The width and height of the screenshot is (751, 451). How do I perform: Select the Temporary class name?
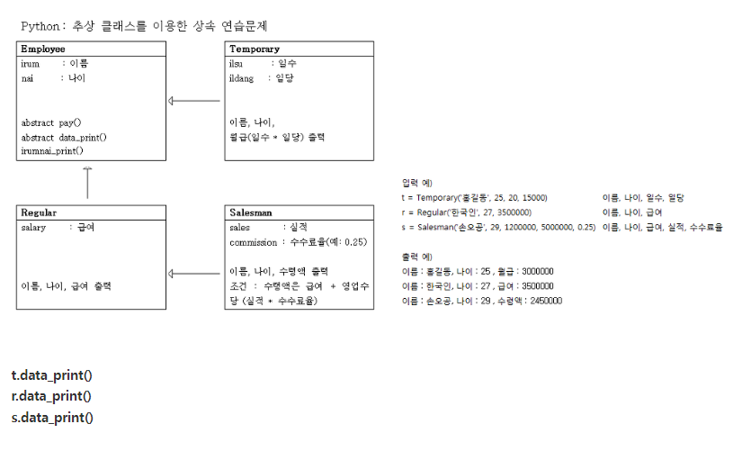pyautogui.click(x=254, y=49)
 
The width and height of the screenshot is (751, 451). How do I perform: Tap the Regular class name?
pyautogui.click(x=39, y=213)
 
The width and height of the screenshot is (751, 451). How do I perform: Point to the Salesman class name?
pyautogui.click(x=251, y=213)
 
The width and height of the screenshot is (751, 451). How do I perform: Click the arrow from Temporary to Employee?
pyautogui.click(x=195, y=101)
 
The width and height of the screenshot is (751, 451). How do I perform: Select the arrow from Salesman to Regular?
pyautogui.click(x=195, y=273)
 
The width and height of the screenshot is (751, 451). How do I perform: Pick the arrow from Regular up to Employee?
pyautogui.click(x=87, y=183)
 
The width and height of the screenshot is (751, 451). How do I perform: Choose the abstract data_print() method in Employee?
pyautogui.click(x=64, y=138)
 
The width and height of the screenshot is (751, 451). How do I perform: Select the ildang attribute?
pyautogui.click(x=242, y=78)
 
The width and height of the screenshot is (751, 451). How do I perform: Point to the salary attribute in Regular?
pyautogui.click(x=33, y=228)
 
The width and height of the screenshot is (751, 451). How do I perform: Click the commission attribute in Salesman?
pyautogui.click(x=254, y=242)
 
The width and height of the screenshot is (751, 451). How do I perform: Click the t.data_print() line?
pyautogui.click(x=51, y=374)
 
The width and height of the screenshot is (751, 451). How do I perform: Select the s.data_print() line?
pyautogui.click(x=51, y=417)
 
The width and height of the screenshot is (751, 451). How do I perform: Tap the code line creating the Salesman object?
pyautogui.click(x=498, y=227)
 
